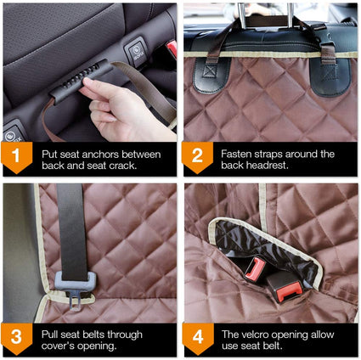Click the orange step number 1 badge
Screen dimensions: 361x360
[x=17, y=157]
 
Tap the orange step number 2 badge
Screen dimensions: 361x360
[x=197, y=157]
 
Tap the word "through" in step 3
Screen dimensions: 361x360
[x=125, y=335]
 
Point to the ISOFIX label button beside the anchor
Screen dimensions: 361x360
[x=136, y=52]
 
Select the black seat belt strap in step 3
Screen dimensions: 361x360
[x=71, y=232]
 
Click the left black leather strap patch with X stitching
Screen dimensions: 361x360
[x=212, y=75]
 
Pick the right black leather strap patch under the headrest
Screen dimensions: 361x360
[x=330, y=77]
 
